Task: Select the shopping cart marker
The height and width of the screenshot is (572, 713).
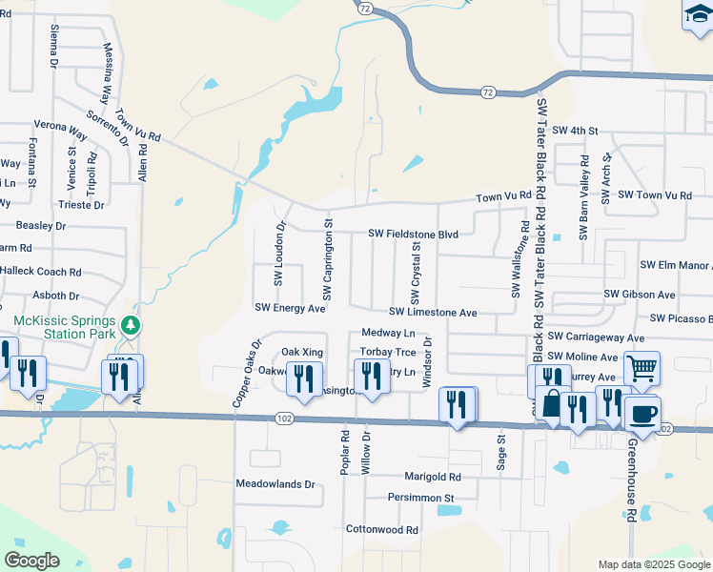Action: coord(642,366)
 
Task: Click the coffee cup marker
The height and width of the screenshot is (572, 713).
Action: coord(642,412)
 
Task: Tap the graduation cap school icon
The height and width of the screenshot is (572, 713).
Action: coord(697,15)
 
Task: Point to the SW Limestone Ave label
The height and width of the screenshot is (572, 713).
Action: coord(433,313)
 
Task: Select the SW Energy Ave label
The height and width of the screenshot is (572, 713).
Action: coord(290,308)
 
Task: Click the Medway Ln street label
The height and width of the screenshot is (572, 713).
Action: coord(389,334)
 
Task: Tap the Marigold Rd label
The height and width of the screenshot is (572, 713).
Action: coord(432,477)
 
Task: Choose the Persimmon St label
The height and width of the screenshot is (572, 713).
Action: coord(420,498)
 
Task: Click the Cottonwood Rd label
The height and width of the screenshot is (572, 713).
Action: coord(382,529)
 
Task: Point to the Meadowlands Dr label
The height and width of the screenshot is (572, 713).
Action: coord(275,484)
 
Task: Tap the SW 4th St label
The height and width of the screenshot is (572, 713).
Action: coord(574,130)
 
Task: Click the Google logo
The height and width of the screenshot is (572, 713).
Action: coord(32,561)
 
